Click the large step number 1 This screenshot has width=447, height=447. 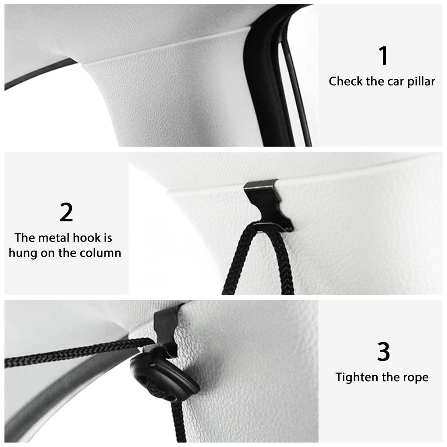coord(383,56)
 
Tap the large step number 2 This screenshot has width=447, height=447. coord(66,213)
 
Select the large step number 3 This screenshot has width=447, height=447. coord(383,353)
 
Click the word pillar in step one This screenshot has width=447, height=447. coord(421,82)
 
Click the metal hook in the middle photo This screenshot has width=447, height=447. coord(267,204)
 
